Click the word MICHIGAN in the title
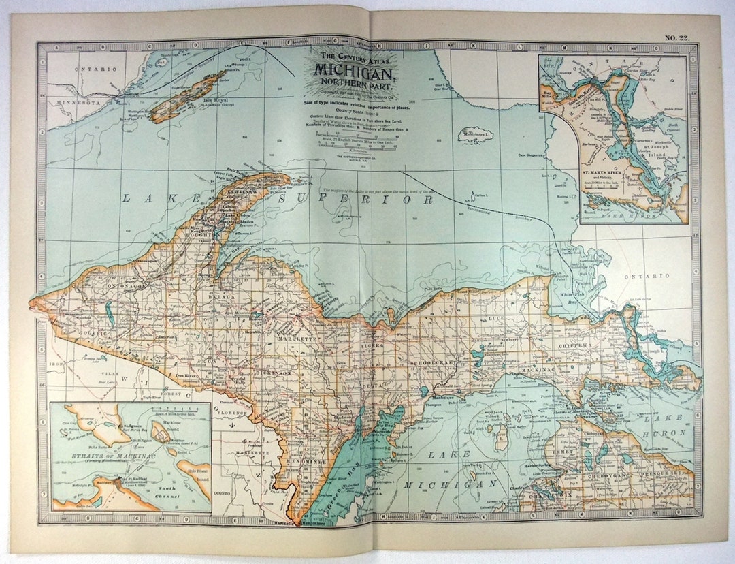pyautogui.click(x=353, y=71)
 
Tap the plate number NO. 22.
pyautogui.click(x=676, y=38)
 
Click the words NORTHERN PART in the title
pyautogui.click(x=353, y=84)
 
